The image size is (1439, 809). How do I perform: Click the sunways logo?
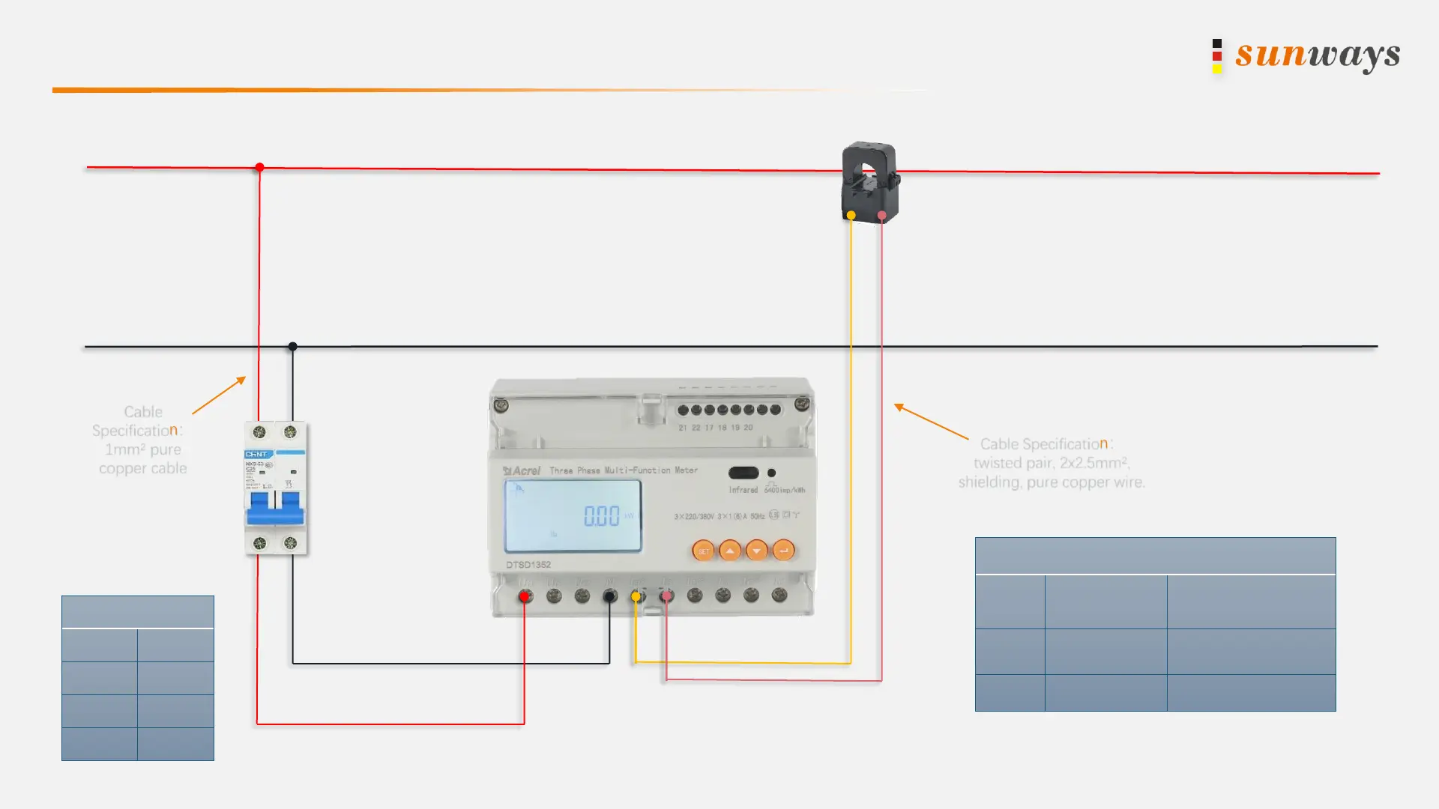[x=1307, y=55]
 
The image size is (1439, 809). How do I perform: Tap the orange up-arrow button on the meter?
[x=730, y=551]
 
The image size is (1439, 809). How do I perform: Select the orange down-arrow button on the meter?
[x=757, y=551]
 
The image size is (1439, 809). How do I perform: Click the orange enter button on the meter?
[x=783, y=551]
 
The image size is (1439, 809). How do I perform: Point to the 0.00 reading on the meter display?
[x=602, y=516]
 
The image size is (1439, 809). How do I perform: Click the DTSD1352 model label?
[x=528, y=565]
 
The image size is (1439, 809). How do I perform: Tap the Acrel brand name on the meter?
[x=522, y=470]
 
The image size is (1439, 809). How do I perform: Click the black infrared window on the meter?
[x=743, y=473]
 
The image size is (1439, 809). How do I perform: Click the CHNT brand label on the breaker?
[x=256, y=454]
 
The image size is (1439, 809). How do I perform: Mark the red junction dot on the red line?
[x=259, y=167]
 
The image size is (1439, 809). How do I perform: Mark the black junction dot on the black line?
[x=293, y=346]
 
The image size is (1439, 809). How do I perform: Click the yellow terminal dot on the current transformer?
[x=851, y=216]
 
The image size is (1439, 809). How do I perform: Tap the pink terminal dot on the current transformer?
[x=882, y=216]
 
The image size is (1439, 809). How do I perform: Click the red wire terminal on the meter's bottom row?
[x=525, y=596]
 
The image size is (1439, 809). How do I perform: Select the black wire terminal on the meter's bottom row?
[x=610, y=596]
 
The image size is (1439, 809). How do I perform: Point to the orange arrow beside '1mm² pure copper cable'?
[x=219, y=396]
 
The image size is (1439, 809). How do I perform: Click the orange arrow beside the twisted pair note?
[x=931, y=421]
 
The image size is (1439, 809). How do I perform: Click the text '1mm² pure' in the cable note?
[x=143, y=449]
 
